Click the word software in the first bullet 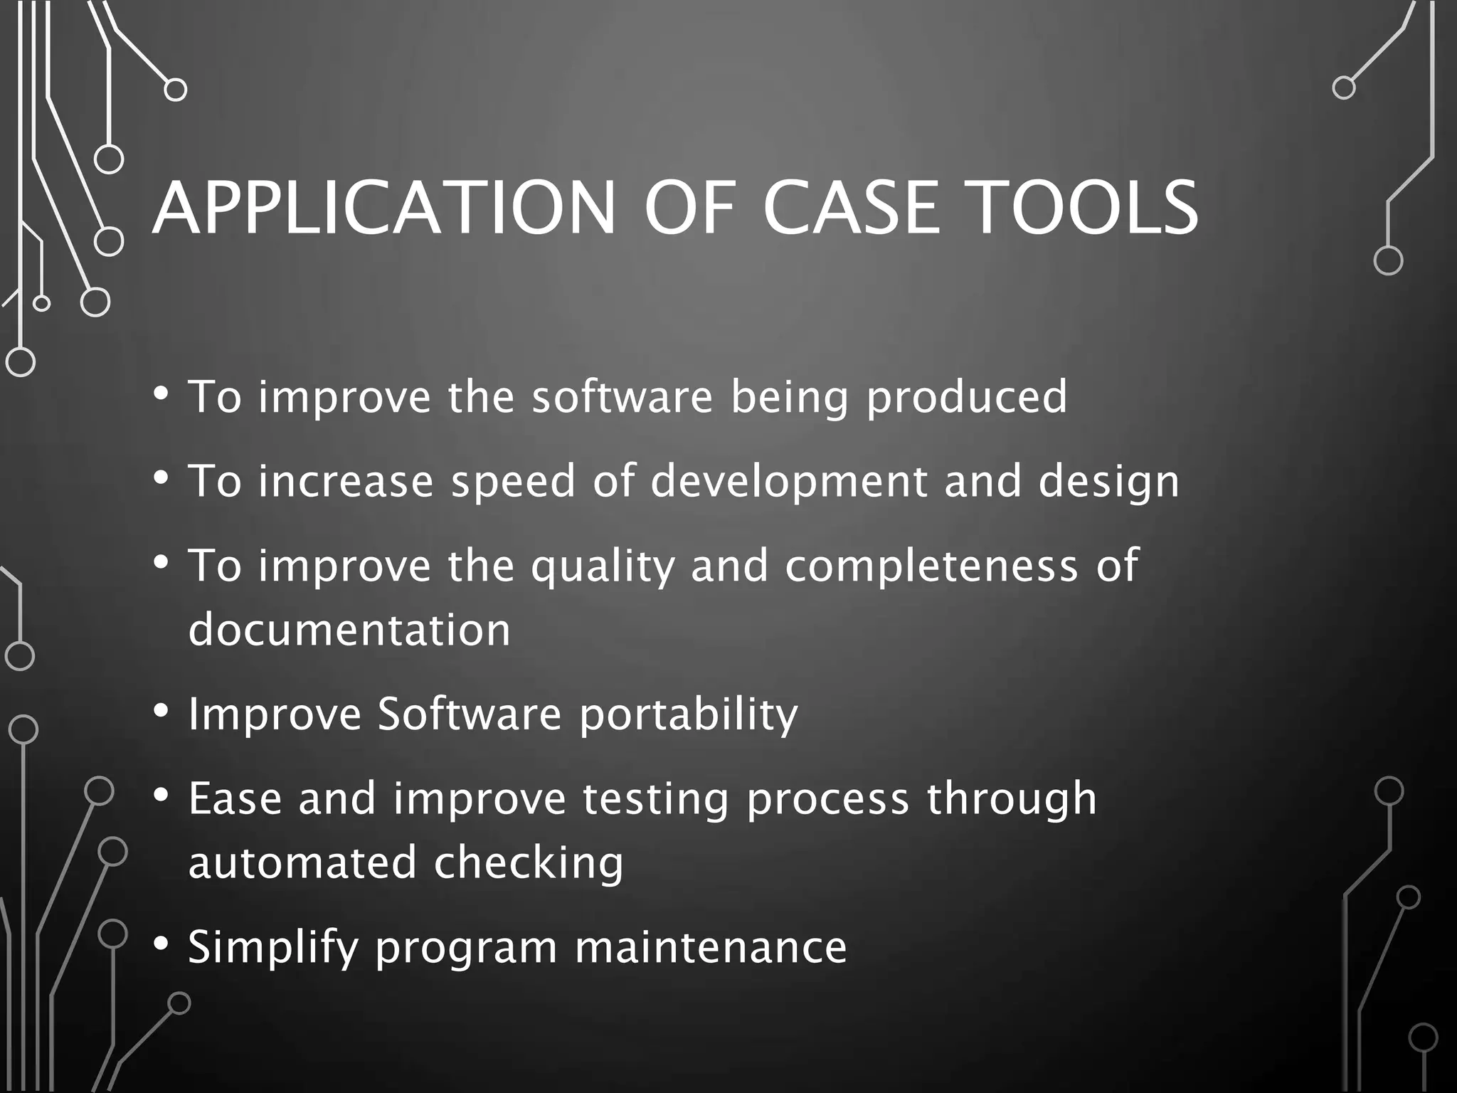tap(622, 396)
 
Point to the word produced tap(967, 398)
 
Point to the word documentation tap(349, 630)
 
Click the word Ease tap(235, 798)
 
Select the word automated tap(302, 862)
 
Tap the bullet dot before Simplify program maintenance tap(161, 944)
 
